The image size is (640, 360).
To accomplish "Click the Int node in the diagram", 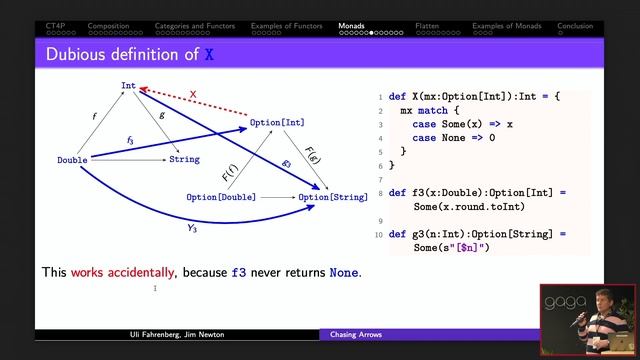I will (x=128, y=86).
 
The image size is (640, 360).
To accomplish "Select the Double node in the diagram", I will (x=72, y=159).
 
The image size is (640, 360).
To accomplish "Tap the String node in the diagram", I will (x=184, y=159).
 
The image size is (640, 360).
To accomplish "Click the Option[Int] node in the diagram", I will (x=278, y=122).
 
